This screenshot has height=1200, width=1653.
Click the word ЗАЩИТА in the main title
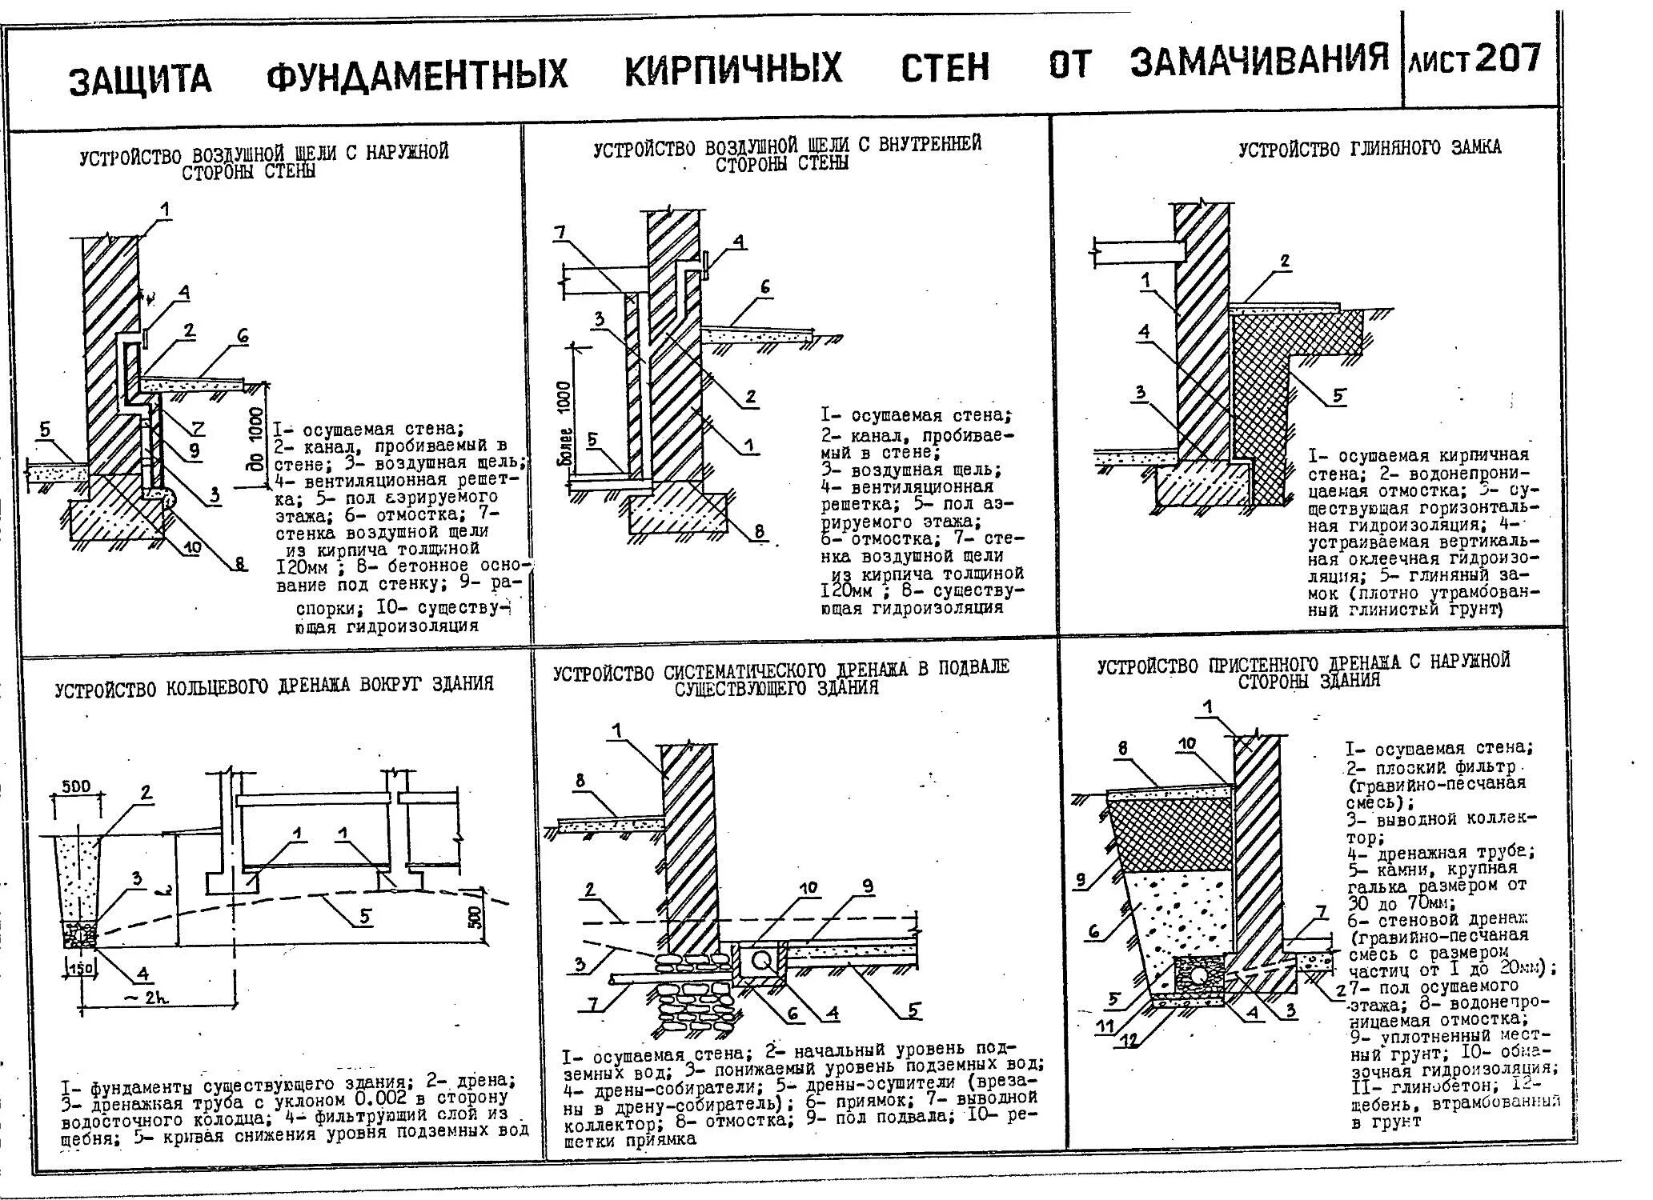coord(140,80)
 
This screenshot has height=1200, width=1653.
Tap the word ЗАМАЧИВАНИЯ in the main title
coord(1258,60)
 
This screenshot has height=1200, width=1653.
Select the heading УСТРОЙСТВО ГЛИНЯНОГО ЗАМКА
coord(1370,148)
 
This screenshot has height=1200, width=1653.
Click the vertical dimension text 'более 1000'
coord(564,423)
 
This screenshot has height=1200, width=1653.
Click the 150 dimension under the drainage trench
coord(81,967)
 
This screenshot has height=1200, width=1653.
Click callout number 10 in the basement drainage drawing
coord(808,888)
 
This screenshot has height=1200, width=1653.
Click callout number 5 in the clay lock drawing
coord(1338,395)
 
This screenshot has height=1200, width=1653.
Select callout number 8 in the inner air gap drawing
coord(759,531)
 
